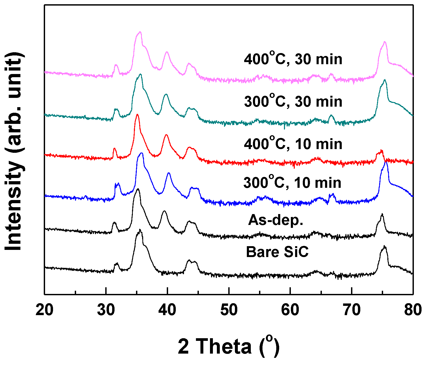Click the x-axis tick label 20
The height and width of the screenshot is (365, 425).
pos(45,310)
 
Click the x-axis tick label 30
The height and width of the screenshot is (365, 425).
pos(106,310)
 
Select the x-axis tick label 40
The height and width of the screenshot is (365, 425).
pos(167,310)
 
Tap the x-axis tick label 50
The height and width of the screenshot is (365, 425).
pos(229,310)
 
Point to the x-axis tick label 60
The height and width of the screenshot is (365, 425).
pos(290,310)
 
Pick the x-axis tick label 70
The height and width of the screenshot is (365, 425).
pos(352,310)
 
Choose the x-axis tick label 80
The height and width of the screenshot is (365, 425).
pos(413,310)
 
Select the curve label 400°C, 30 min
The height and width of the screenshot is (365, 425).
pos(293,59)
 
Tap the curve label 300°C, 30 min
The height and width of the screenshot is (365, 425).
pos(293,101)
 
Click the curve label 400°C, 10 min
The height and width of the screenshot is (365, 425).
pos(293,144)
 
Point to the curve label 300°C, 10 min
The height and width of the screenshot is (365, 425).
pos(292,182)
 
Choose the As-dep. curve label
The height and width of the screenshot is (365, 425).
pos(276,220)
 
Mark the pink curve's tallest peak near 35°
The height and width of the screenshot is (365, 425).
pos(140,32)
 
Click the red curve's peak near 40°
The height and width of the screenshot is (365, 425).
pos(166,135)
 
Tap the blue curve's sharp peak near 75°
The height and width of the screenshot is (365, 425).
pos(386,162)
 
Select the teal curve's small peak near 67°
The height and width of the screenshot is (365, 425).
pos(331,116)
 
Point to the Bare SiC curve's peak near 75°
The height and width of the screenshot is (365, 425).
pos(384,247)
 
